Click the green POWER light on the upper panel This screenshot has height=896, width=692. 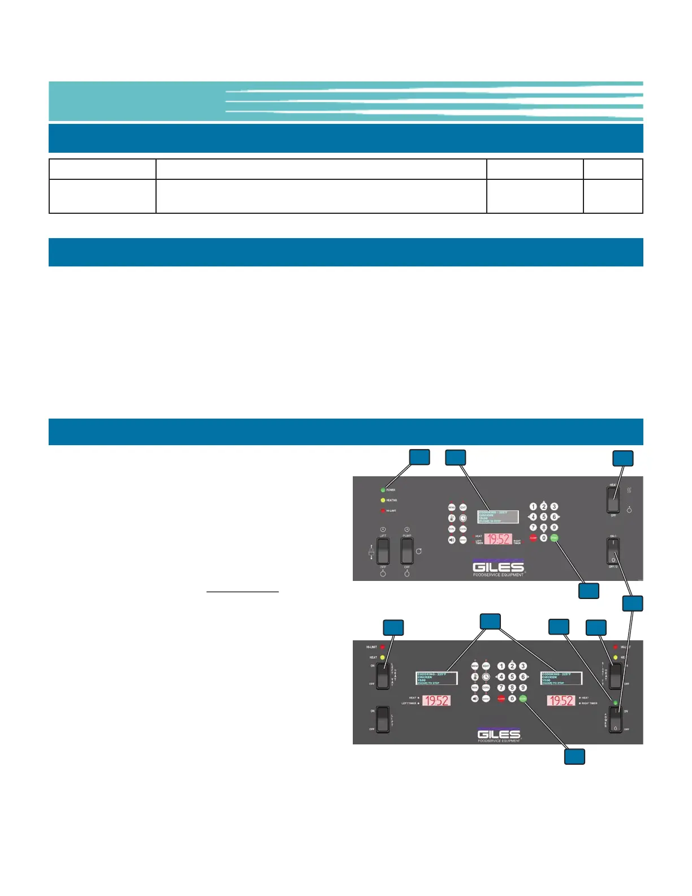pos(383,490)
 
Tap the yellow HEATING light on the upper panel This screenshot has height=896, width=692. pos(383,500)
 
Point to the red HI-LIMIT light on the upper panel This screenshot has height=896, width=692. pos(383,511)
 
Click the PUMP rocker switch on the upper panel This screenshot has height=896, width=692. pos(406,550)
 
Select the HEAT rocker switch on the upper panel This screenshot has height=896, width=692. pos(613,500)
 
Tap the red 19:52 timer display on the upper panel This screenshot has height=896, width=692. pos(498,539)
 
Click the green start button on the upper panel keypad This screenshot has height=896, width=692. pos(554,538)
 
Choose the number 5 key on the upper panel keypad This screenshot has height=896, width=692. pos(543,517)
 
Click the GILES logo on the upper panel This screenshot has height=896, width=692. pos(498,567)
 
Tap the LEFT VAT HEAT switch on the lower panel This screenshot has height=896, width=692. pos(383,674)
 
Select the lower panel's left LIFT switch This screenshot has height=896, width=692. pos(383,719)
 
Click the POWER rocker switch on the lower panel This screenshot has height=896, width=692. pos(615,719)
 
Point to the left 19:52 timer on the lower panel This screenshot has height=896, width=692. pos(436,701)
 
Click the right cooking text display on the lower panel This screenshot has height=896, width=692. pos(561,678)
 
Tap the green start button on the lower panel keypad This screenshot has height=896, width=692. pos(523,699)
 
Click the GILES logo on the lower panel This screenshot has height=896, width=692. pos(499,734)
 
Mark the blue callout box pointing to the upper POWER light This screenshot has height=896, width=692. pos(419,457)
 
